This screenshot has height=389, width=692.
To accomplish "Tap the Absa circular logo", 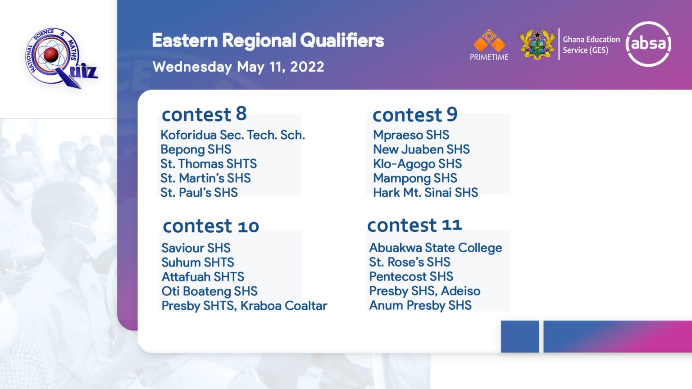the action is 648,44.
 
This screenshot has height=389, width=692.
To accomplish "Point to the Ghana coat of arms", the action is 537,44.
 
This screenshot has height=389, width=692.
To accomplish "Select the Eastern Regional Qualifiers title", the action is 268,41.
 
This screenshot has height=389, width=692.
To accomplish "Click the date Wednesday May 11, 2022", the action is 238,67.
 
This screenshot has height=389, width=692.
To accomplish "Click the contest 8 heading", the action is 204,114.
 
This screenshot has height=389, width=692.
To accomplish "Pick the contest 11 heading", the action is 414,225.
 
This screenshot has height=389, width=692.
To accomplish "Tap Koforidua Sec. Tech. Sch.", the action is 232,135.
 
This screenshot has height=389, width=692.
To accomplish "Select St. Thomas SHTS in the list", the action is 209,163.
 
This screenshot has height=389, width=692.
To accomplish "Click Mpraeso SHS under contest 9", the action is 411,135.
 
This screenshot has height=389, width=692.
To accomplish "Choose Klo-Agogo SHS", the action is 417,163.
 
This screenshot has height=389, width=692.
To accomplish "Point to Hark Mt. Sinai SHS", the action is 425,192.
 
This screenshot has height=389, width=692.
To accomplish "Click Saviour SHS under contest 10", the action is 196,248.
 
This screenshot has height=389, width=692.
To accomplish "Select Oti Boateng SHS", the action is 209,291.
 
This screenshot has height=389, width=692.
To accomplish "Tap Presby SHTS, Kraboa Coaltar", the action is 244,306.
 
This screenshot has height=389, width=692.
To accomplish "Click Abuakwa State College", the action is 436,248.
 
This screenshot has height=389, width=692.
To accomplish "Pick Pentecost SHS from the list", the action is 411,276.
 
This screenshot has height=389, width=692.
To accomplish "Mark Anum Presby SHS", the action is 420,305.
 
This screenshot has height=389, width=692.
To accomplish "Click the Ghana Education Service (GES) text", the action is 591,45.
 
